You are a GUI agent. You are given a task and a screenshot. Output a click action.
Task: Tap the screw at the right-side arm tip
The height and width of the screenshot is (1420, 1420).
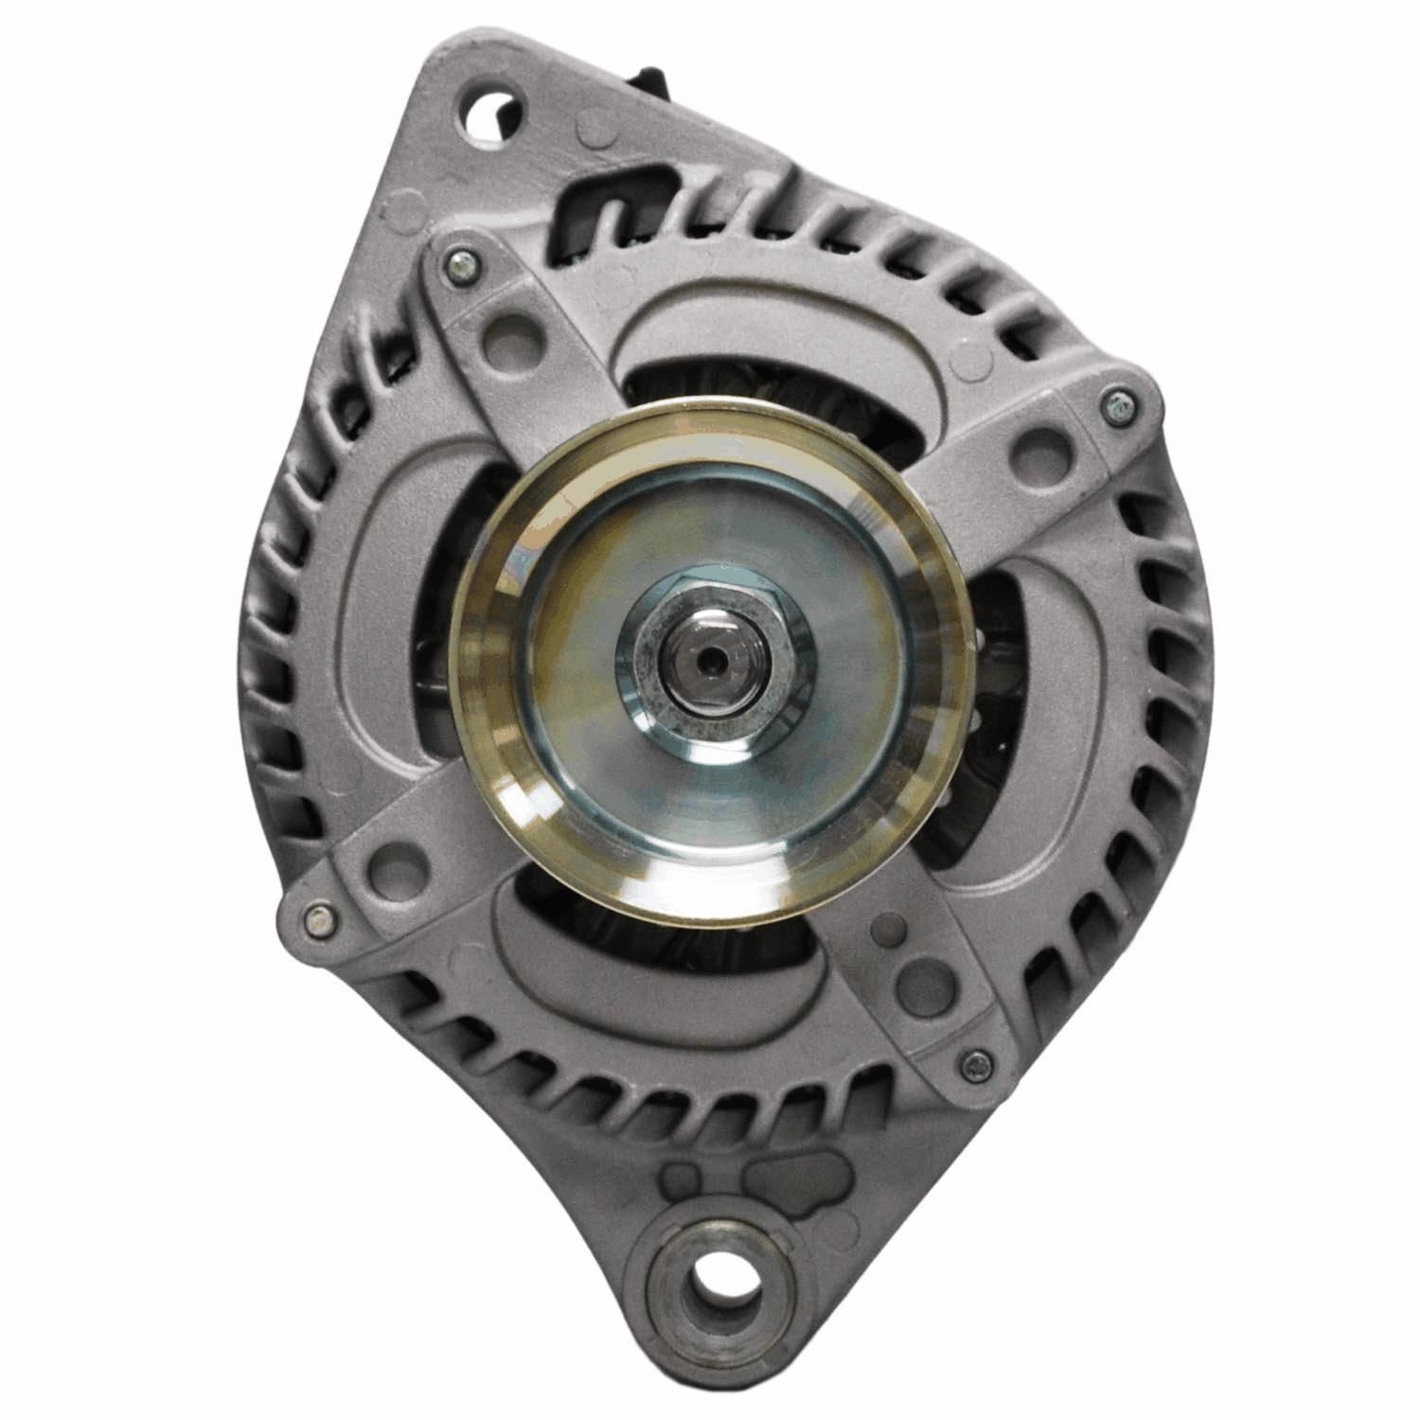tap(1120, 404)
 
